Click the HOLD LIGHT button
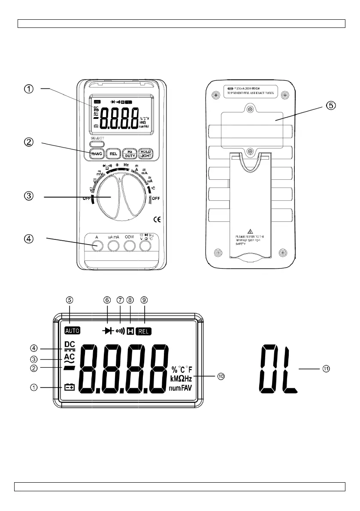point(146,154)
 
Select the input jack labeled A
point(97,245)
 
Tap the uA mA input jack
point(113,245)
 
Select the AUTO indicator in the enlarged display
point(72,331)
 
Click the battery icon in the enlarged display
point(69,387)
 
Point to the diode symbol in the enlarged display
point(109,331)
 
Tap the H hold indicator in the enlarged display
point(130,331)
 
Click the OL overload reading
point(278,369)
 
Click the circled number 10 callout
point(221,376)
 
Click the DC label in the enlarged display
point(69,344)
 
